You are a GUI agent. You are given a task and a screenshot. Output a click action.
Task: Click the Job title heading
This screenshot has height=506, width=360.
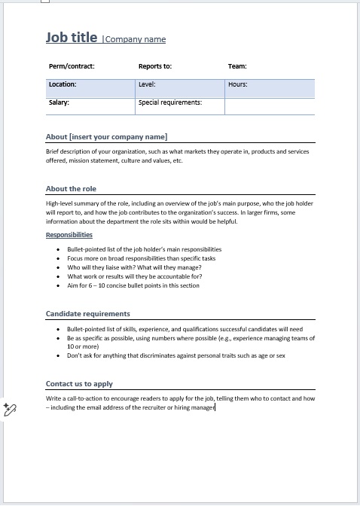click(x=72, y=38)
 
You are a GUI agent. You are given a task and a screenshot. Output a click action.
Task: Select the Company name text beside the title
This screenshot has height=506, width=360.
click(x=136, y=40)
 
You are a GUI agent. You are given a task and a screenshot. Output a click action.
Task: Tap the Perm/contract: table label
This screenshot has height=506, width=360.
click(x=72, y=66)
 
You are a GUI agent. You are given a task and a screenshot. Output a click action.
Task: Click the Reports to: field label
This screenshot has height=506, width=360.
click(x=155, y=66)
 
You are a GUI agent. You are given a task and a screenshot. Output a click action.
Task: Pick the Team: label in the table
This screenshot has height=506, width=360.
click(x=237, y=66)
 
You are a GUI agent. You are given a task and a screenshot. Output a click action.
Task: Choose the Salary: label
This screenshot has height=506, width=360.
click(x=59, y=102)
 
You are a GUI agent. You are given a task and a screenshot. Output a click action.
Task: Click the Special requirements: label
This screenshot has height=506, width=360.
click(x=170, y=102)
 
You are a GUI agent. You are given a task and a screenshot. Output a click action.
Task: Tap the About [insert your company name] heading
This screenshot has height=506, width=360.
click(x=106, y=136)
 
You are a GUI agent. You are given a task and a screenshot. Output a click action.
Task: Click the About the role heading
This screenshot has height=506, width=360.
click(x=71, y=188)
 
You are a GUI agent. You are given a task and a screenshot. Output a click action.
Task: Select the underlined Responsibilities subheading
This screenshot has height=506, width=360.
click(x=69, y=235)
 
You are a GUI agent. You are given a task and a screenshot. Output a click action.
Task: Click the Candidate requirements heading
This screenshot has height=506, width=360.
click(x=87, y=313)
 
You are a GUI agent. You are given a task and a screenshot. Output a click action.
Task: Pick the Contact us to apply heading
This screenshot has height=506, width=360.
click(x=79, y=383)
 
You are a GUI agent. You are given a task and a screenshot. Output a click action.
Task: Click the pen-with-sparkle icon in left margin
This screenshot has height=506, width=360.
click(x=10, y=409)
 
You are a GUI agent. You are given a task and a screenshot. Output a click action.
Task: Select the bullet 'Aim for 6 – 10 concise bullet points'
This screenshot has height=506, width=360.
click(x=133, y=285)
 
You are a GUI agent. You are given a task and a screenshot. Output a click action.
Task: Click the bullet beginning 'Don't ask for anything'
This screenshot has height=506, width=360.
click(x=175, y=355)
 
